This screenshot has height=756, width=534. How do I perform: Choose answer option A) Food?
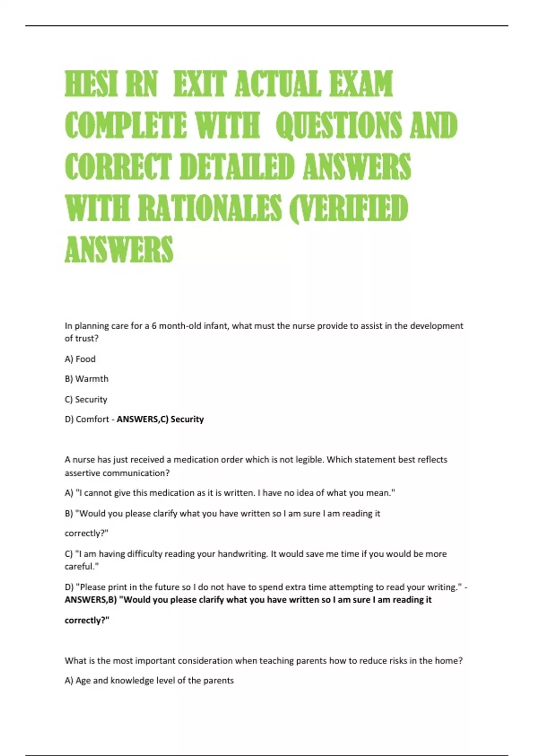click(x=80, y=359)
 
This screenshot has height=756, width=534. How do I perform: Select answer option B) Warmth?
click(x=86, y=379)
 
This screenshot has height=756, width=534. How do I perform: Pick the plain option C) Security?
click(x=86, y=399)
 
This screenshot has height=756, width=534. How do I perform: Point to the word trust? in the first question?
click(x=87, y=338)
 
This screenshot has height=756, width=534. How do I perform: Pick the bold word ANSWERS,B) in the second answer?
click(x=91, y=600)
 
